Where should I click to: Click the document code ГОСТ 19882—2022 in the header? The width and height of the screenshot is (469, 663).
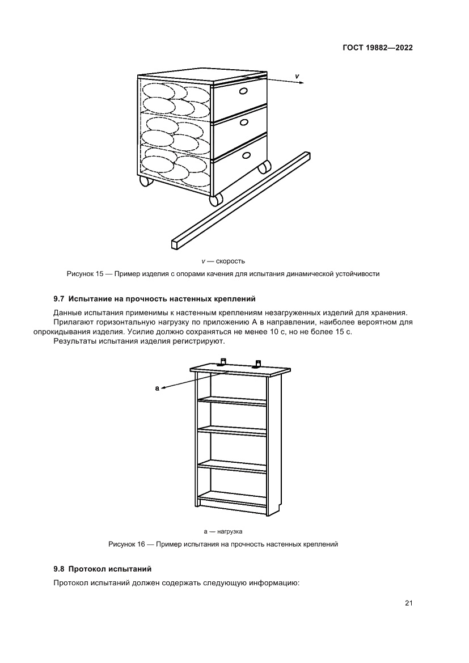point(377,48)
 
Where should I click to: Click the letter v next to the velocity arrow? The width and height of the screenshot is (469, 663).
point(297,75)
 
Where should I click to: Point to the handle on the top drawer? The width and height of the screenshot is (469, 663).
point(243,91)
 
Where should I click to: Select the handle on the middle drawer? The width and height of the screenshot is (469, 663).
point(244,121)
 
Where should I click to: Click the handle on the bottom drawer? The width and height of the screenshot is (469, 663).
point(246,155)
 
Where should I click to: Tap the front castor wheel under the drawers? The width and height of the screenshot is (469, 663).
point(216,199)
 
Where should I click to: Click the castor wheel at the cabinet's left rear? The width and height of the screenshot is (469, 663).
point(145,181)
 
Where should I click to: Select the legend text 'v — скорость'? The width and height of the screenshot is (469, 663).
point(223,261)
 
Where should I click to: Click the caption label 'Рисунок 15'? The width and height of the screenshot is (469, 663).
point(84,275)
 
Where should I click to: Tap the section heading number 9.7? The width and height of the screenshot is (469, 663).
point(60,298)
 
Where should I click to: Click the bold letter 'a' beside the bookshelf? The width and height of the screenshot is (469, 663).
point(157,388)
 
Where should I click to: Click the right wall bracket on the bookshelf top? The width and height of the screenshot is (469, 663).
point(257,364)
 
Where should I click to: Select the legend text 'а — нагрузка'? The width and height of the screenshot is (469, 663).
point(223,531)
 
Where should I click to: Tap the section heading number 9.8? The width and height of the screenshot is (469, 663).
point(60,568)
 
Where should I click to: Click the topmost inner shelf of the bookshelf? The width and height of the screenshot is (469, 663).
point(231,400)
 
